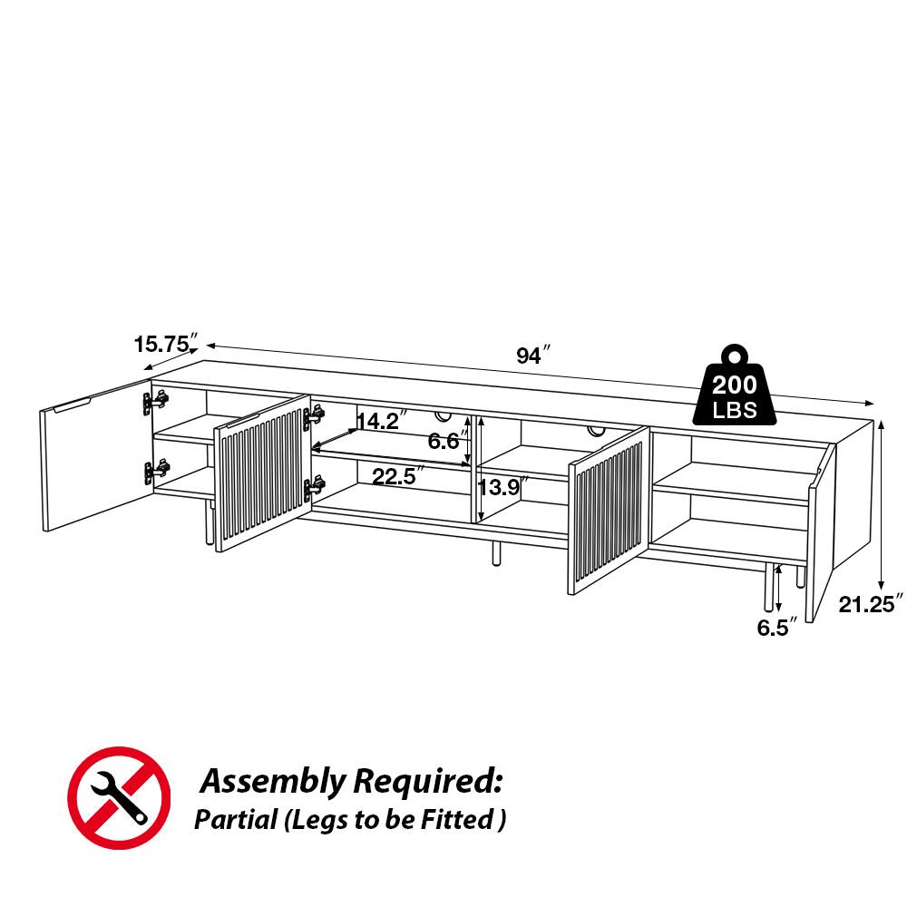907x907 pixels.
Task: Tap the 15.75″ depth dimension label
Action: [x=165, y=344]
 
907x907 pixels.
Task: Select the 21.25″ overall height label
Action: [x=872, y=604]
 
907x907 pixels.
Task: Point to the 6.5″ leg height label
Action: [x=778, y=626]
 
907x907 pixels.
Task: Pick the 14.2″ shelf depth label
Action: [x=380, y=421]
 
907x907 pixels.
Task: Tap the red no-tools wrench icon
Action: [x=119, y=798]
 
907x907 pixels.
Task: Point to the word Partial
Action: [x=235, y=821]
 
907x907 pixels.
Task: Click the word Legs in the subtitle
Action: [x=317, y=821]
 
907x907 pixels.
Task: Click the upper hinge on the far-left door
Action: [x=156, y=401]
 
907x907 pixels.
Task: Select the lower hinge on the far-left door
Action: [x=156, y=470]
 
